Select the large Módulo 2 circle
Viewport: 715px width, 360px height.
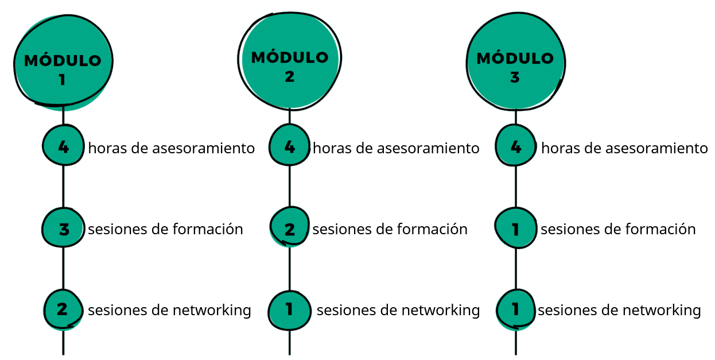pos(290,61)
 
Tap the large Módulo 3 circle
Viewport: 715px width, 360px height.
pos(515,61)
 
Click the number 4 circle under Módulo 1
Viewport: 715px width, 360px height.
pos(63,145)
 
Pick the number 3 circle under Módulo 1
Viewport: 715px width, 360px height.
pos(63,227)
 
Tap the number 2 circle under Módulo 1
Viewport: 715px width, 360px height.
pos(63,309)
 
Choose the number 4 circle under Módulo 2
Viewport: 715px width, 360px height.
pos(290,145)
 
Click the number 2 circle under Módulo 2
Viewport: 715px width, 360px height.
pos(290,227)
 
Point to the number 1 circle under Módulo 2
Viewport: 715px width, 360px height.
pos(290,310)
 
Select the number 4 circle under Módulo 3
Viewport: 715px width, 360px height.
pos(516,145)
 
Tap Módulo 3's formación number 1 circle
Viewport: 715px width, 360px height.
pos(516,228)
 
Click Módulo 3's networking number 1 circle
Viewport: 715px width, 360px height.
pos(516,310)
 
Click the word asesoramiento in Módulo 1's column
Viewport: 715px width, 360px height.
pos(203,148)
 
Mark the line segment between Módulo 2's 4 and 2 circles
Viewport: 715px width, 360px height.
pos(290,186)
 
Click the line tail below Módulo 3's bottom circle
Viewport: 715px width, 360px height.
pos(516,343)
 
